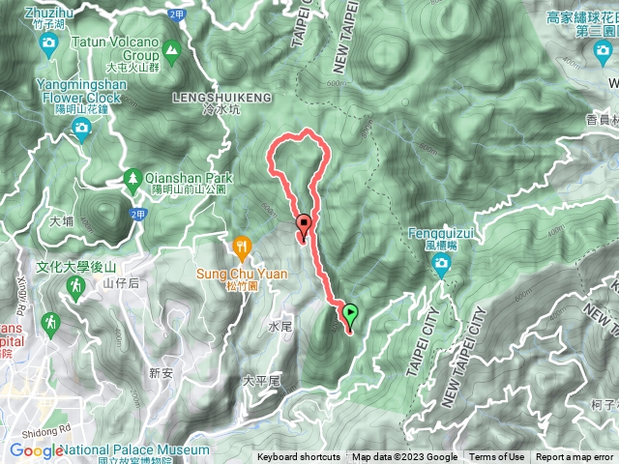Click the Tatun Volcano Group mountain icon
pos(171,48)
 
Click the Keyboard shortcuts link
pos(298,457)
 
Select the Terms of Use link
pos(496,457)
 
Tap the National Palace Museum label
pos(136,449)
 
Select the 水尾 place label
pos(280,328)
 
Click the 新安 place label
pos(161,373)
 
